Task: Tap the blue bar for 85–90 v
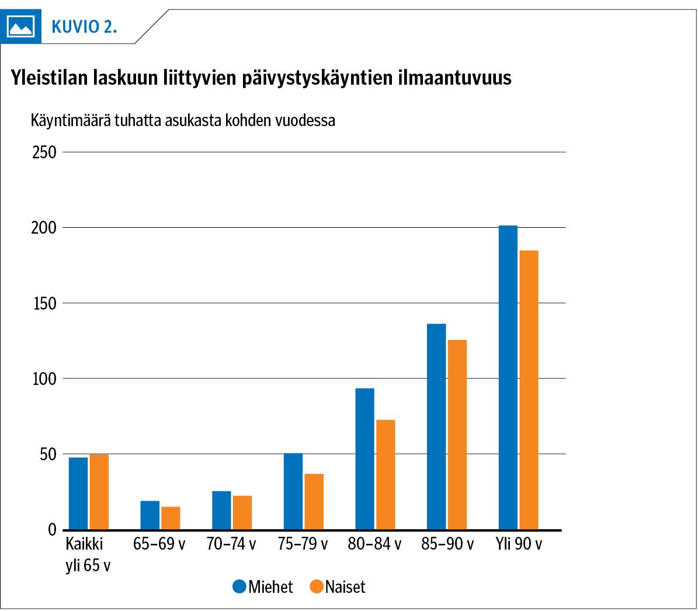pos(436,426)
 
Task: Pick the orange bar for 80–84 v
pos(386,474)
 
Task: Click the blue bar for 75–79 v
pos(293,491)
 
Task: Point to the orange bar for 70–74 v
pos(242,512)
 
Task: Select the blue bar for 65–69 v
pos(150,515)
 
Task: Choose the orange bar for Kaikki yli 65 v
pos(99,491)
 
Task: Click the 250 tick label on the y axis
pos(44,152)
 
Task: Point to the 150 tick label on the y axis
pos(44,304)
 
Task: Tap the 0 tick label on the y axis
pos(52,530)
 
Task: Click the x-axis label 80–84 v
pos(374,544)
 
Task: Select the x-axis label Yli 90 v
pos(519,544)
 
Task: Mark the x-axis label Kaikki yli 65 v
pos(87,554)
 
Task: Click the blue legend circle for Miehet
pos(239,586)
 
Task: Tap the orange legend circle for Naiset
pos(317,586)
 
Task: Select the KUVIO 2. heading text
pos(84,27)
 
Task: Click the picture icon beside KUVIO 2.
pos(20,26)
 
